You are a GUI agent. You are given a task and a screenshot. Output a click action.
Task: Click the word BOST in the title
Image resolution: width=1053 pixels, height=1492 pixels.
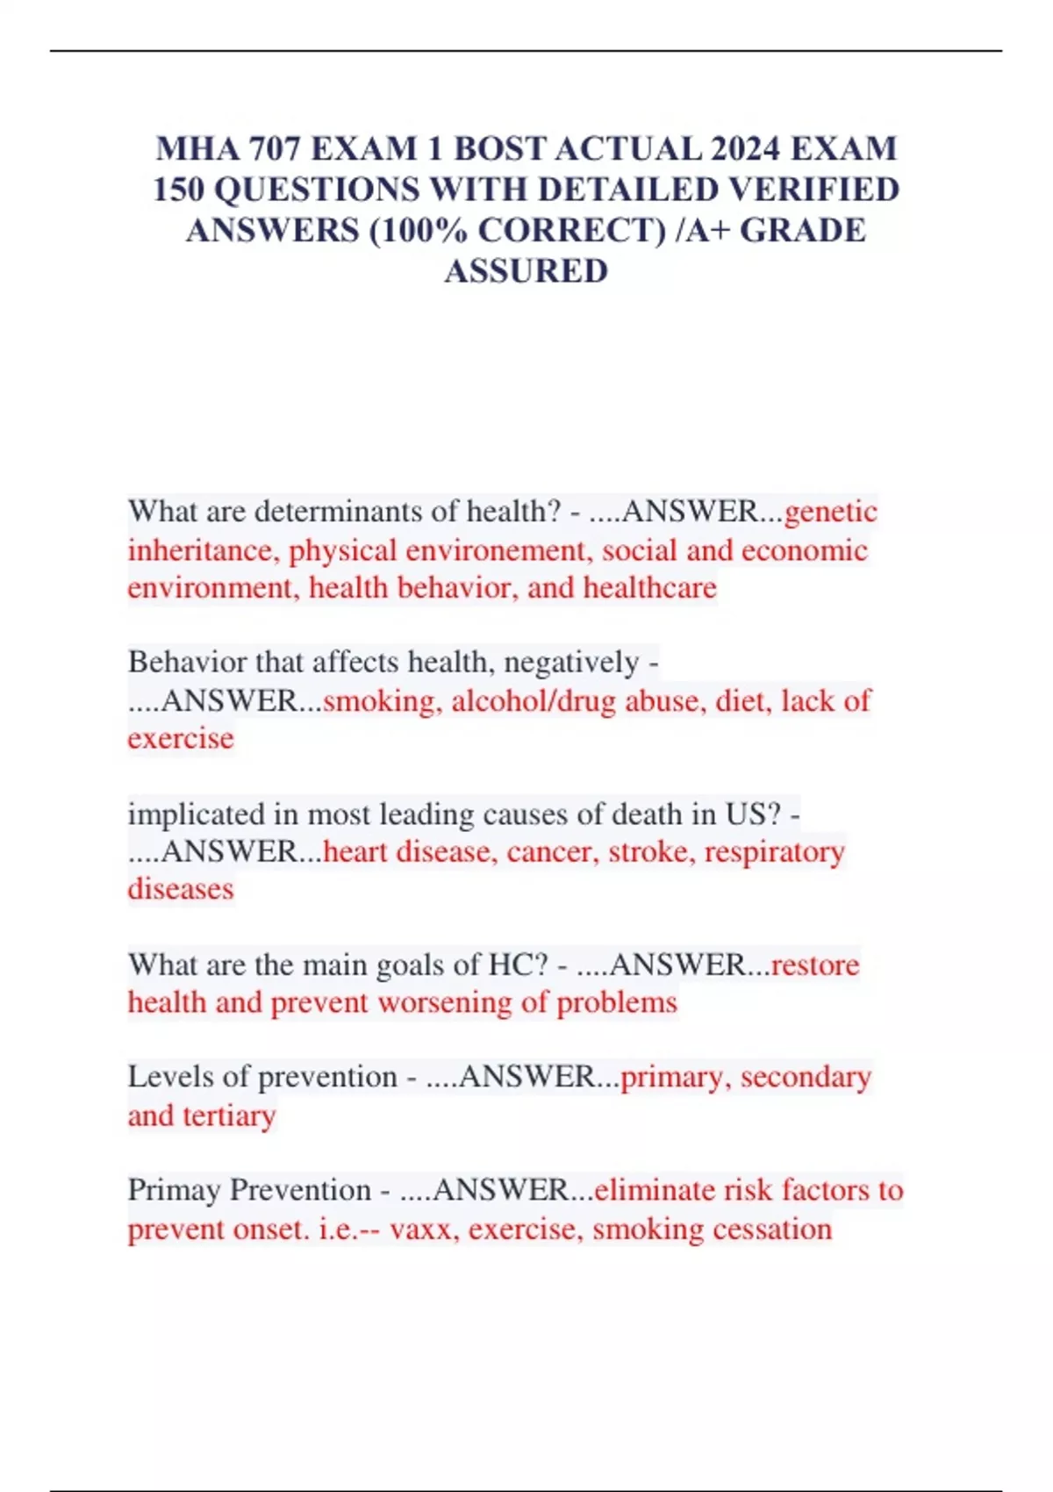[499, 149]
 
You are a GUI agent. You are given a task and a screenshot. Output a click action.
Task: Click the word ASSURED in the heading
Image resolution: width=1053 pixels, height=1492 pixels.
[526, 271]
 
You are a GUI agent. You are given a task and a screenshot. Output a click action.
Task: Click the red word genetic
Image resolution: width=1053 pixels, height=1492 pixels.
[830, 512]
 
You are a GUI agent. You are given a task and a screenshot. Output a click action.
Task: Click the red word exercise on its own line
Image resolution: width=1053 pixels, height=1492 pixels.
[181, 738]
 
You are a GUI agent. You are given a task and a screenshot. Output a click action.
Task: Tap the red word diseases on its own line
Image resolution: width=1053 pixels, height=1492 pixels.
[181, 889]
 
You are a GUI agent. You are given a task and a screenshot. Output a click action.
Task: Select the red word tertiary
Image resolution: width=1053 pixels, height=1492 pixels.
[229, 1115]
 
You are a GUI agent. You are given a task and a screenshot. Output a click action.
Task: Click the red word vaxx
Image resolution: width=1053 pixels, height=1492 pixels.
[420, 1229]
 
